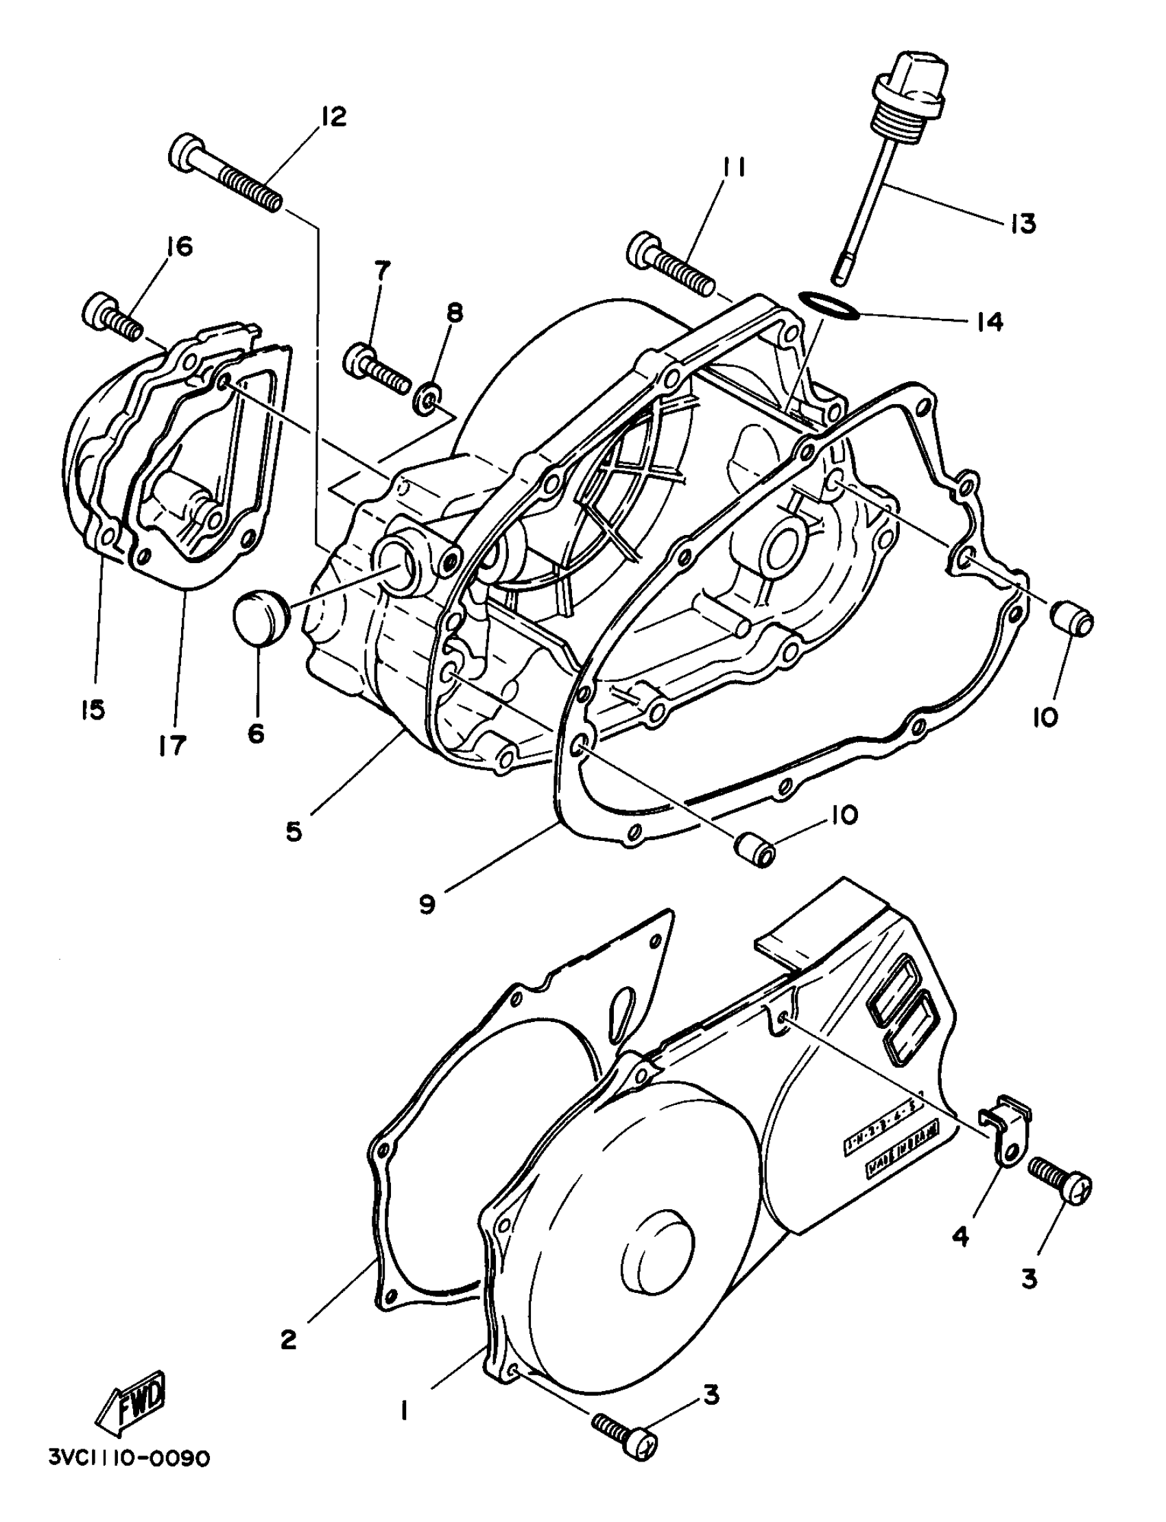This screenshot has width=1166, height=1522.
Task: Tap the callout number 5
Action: tap(294, 831)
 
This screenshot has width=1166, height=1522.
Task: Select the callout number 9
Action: tap(427, 905)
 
